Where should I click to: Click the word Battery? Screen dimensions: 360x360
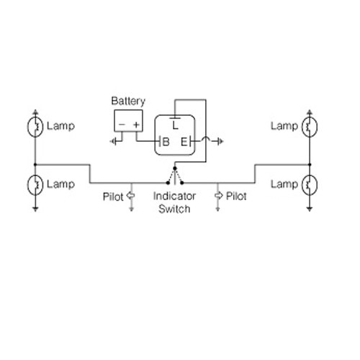click(128, 102)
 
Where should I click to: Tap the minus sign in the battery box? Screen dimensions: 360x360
click(122, 125)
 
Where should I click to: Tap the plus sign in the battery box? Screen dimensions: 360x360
click(136, 125)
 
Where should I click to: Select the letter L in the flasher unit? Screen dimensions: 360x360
click(176, 125)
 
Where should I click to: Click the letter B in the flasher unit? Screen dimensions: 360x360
click(166, 142)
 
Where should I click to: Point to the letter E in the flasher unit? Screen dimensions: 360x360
click(184, 142)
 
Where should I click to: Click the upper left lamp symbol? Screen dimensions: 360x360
click(35, 127)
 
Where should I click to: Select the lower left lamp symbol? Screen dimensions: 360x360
click(35, 185)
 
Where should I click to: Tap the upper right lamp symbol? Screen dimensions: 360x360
click(310, 127)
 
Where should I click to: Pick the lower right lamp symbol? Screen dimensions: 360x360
click(310, 185)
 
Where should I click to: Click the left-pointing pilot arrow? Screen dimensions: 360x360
click(130, 196)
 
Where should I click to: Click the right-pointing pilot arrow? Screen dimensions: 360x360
click(218, 196)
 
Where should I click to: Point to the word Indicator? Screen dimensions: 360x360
click(174, 197)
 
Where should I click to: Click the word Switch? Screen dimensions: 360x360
click(174, 209)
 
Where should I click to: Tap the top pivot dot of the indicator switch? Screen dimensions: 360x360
click(175, 168)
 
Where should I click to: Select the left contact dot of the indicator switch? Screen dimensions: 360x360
click(168, 183)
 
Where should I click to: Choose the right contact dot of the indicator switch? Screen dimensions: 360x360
click(182, 183)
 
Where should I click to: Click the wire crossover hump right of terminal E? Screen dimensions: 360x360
click(206, 138)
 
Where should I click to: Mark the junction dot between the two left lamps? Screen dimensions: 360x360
click(35, 165)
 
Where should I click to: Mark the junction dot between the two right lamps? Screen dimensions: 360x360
click(310, 165)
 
